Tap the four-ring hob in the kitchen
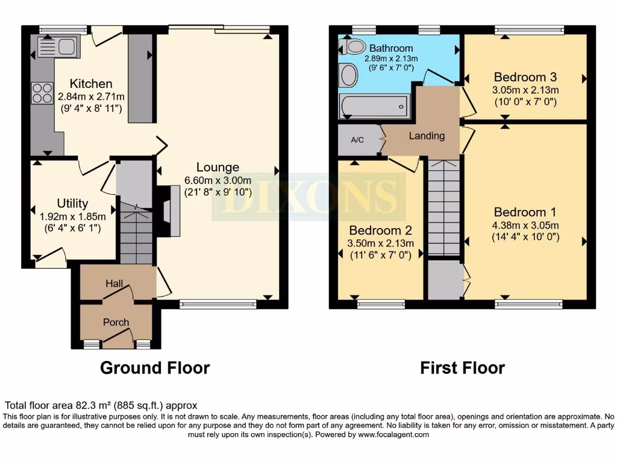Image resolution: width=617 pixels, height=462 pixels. coord(42,93)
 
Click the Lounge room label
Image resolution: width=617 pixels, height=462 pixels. coord(218,167)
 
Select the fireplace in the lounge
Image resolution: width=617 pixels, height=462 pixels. coord(168,211)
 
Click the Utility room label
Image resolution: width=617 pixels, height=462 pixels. coord(72,203)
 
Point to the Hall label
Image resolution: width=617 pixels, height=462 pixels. coord(114,283)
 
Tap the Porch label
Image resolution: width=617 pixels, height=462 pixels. coord(116,322)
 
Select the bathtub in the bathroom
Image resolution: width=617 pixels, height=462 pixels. coord(374,106)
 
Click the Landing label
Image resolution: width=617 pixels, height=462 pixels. coord(427,136)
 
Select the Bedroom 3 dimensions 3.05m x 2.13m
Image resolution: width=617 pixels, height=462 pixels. coord(525,90)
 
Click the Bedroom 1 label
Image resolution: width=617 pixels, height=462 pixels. coord(525,212)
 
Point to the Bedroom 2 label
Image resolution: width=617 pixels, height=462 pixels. coord(380,230)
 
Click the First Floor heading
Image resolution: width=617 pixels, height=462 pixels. coord(462,368)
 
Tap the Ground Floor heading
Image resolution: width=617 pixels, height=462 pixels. coord(155,368)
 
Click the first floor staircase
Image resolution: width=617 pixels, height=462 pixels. coord(444,208)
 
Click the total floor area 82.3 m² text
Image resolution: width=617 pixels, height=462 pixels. coord(101,406)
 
